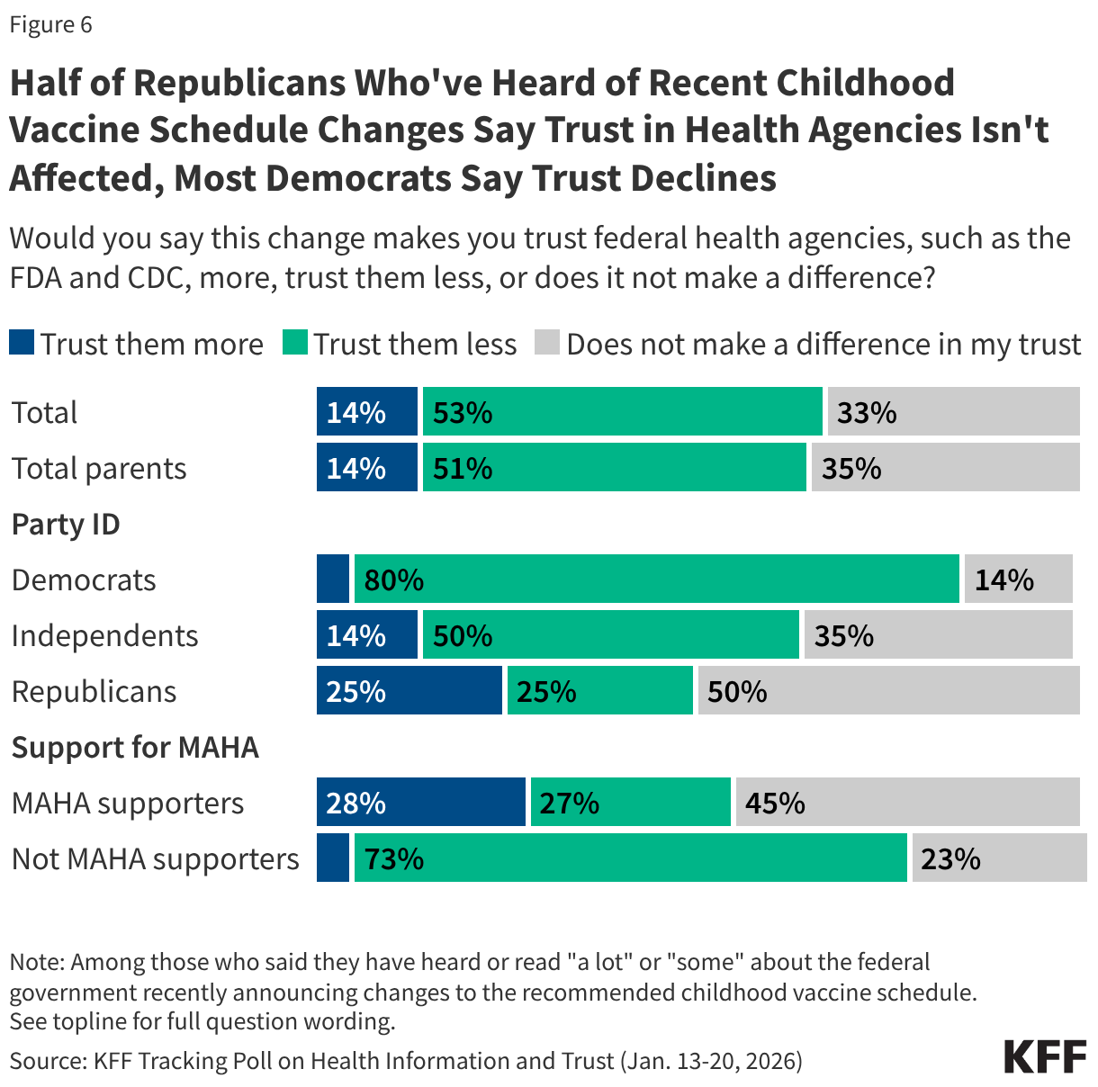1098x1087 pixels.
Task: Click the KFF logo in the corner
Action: pos(1045,1056)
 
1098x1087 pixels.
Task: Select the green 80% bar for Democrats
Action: pos(656,579)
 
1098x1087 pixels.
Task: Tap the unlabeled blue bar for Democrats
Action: pos(333,579)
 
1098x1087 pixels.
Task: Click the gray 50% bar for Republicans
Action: pos(888,690)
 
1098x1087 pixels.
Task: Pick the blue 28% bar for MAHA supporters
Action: pos(420,802)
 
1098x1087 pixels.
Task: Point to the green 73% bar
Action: pos(630,858)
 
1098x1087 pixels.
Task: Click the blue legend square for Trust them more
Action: pos(22,343)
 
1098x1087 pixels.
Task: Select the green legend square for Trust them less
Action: pos(295,343)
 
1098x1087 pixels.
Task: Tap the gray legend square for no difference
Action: pos(547,343)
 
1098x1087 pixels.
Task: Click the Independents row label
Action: pos(104,635)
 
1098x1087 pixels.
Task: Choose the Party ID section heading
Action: pos(66,524)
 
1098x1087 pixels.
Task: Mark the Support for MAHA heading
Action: pos(135,747)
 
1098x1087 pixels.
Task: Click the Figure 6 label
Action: pos(50,24)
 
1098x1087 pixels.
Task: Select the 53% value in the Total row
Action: pos(463,412)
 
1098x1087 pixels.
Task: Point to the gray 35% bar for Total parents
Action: pos(945,467)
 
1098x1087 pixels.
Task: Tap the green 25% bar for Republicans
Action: pos(599,690)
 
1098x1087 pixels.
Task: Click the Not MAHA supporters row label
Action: pos(155,858)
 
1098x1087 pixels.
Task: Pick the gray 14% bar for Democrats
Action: pos(1018,579)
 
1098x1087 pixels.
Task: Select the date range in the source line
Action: pos(711,1060)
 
